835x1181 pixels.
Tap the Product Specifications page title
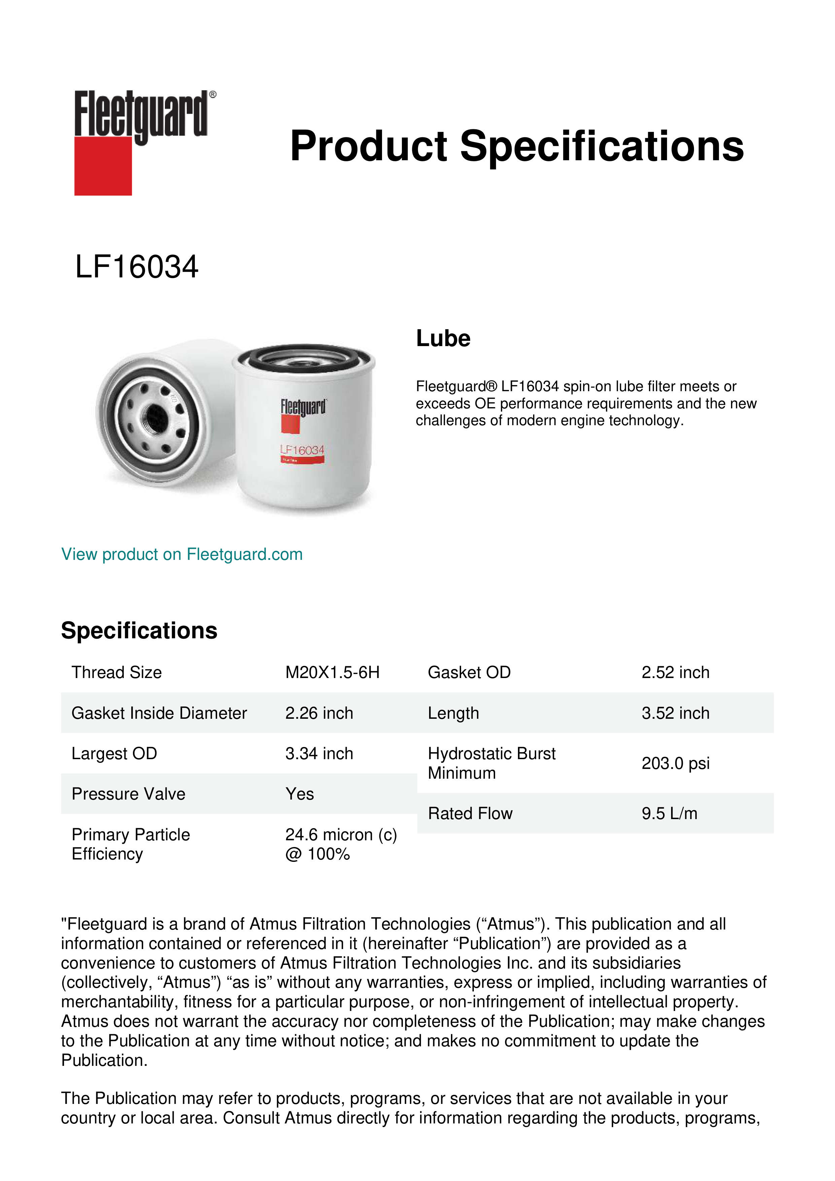click(x=517, y=146)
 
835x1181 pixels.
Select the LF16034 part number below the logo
click(x=137, y=267)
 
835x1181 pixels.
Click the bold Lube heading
click(x=443, y=338)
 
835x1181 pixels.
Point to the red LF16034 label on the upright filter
click(x=302, y=450)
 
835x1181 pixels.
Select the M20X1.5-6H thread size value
click(x=332, y=672)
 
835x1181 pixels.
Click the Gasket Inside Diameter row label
click(x=159, y=713)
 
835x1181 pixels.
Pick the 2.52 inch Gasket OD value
click(x=675, y=672)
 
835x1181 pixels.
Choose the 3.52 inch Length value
click(x=675, y=713)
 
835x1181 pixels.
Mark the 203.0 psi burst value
click(x=675, y=763)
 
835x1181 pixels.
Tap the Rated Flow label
click(x=470, y=813)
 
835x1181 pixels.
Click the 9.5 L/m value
click(x=669, y=813)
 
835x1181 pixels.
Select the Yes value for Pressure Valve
click(x=299, y=794)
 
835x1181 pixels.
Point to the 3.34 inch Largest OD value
click(x=319, y=753)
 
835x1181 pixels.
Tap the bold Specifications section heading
click(x=139, y=631)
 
